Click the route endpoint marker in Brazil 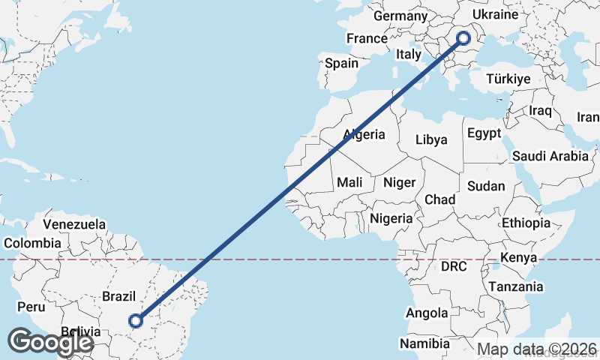136,321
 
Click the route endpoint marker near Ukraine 462,37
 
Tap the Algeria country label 364,135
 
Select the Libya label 431,139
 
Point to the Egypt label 484,133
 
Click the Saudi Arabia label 550,156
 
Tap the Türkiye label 508,79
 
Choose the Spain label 341,64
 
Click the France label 367,38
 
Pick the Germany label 400,16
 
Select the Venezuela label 74,224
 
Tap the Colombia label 32,243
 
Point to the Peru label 31,307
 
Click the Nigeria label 391,219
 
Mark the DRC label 454,266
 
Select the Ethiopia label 526,223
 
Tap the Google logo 50,343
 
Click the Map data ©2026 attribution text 537,349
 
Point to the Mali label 350,181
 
